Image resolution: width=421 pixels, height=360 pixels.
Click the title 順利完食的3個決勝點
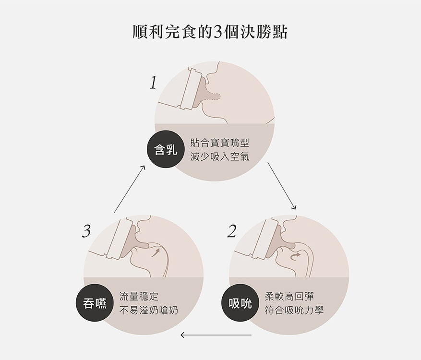tap(210, 33)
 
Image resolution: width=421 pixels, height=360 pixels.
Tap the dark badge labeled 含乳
tap(166, 149)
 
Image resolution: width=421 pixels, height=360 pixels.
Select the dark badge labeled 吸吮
tap(241, 303)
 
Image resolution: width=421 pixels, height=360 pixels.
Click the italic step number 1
tap(153, 83)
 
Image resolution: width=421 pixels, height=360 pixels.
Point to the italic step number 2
tap(231, 231)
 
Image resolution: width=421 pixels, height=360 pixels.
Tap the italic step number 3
tap(86, 231)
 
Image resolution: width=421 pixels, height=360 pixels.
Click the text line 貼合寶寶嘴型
tap(220, 143)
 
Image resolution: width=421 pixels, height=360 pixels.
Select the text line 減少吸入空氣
tap(220, 156)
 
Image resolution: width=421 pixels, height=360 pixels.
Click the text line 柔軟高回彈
tap(289, 297)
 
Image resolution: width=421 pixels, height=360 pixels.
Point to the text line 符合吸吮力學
tap(294, 311)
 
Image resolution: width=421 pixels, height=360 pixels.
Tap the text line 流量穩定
tap(139, 297)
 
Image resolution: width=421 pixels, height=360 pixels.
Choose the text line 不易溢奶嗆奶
tap(148, 311)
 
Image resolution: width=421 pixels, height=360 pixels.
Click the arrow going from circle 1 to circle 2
tap(282, 186)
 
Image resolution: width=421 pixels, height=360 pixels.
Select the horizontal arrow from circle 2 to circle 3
tap(216, 335)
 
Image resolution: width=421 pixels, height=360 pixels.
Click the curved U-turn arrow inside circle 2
tap(295, 257)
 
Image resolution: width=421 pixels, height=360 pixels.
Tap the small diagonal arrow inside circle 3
tap(156, 252)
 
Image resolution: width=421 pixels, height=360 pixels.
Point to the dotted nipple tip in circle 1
tap(214, 96)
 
